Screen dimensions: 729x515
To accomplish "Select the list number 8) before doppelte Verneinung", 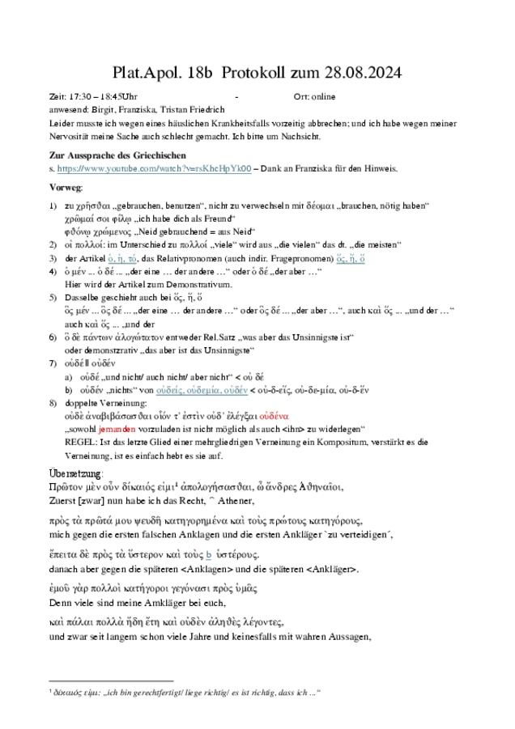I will click(53, 402).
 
